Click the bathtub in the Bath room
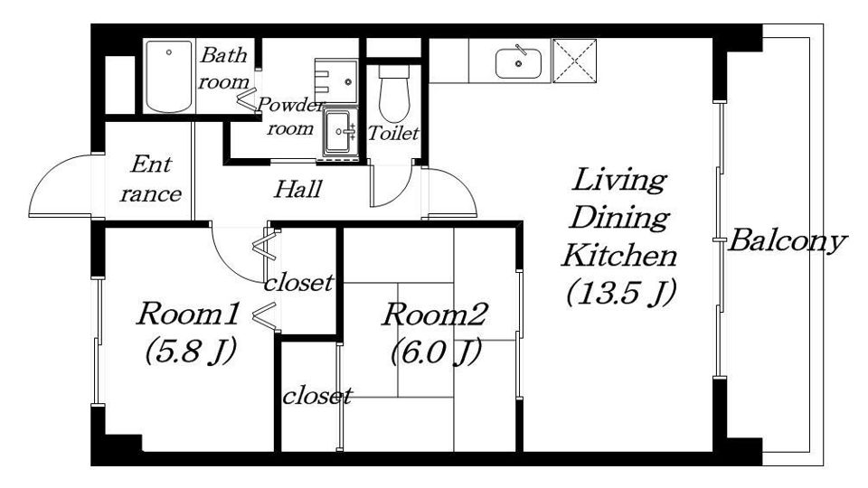pos(169,76)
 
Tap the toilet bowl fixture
pos(393,93)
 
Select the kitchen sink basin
pos(518,63)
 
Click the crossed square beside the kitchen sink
pos(575,61)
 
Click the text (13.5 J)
pos(621,292)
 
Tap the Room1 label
pos(188,314)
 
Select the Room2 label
pos(435,314)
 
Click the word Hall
pos(297,189)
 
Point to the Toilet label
pos(393,134)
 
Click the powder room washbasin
pos(338,132)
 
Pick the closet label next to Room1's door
pos(299,283)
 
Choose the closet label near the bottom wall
pos(317,396)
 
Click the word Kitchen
pos(619,256)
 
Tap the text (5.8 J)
pos(191,352)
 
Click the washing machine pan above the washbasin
pos(336,80)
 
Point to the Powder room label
pos(289,117)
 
